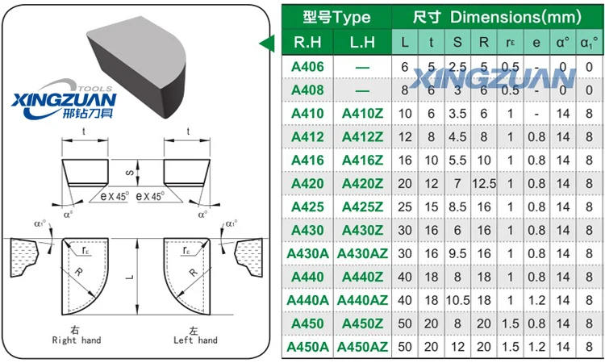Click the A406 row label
(x=307, y=66)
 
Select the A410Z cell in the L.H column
(x=363, y=113)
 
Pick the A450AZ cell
(x=363, y=347)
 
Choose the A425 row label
(x=307, y=207)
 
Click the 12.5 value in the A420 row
(x=484, y=183)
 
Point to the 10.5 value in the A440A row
(x=457, y=300)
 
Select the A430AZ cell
(x=363, y=253)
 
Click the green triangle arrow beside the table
(x=264, y=44)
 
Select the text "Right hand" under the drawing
(x=76, y=340)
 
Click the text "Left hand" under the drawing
(x=196, y=340)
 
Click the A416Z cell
(x=363, y=160)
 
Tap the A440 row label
(x=307, y=277)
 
